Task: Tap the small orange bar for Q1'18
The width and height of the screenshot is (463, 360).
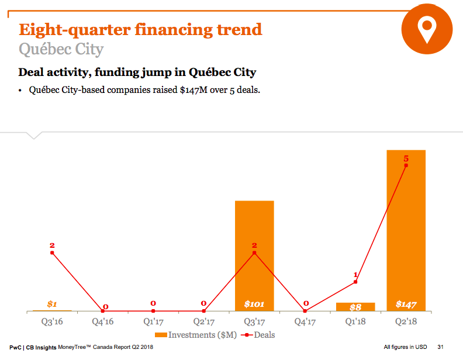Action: pos(355,307)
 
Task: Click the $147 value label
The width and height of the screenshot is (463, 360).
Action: pos(406,304)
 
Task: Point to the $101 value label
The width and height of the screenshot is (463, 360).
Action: pos(254,304)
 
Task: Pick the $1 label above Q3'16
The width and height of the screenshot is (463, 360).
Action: pos(52,304)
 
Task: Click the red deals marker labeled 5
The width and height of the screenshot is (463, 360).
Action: pos(406,165)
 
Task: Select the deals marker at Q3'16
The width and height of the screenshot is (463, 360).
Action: pos(52,252)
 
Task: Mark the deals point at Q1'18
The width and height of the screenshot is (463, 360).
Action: pos(355,282)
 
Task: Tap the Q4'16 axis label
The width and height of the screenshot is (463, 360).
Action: pos(102,321)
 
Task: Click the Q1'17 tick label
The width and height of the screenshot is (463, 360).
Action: pos(153,321)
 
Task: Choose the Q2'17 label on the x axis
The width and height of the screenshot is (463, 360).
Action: pos(203,321)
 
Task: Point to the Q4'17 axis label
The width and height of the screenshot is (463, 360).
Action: pos(305,321)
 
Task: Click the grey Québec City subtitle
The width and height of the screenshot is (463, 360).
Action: pos(61,49)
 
